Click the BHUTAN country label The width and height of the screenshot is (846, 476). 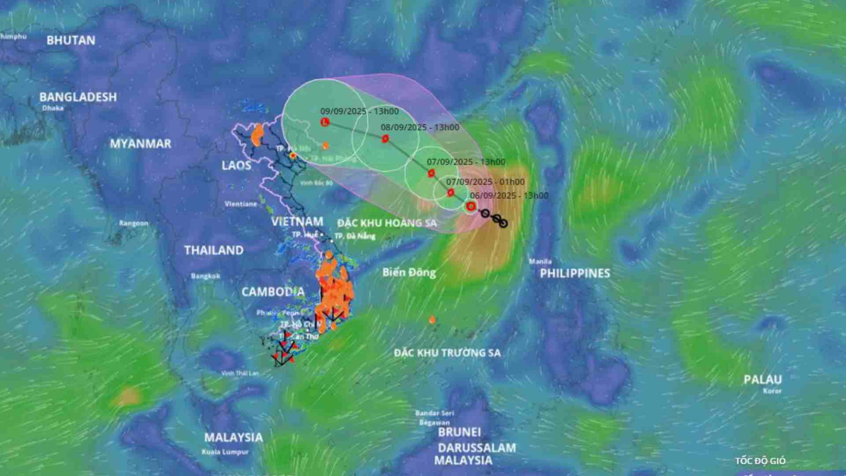pyautogui.click(x=71, y=41)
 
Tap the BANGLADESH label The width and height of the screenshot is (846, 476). pyautogui.click(x=78, y=97)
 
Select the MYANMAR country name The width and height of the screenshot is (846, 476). pyautogui.click(x=140, y=144)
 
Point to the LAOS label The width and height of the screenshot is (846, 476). pyautogui.click(x=236, y=166)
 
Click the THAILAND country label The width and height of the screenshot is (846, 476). pyautogui.click(x=214, y=250)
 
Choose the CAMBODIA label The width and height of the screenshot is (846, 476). pyautogui.click(x=273, y=292)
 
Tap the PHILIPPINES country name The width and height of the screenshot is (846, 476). pyautogui.click(x=575, y=273)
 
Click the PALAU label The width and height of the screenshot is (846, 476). pyautogui.click(x=763, y=379)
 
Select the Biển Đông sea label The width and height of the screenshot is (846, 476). pyautogui.click(x=409, y=272)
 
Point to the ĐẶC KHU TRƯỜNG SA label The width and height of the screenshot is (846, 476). pyautogui.click(x=447, y=353)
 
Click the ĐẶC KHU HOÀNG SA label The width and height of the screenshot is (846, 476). pyautogui.click(x=387, y=223)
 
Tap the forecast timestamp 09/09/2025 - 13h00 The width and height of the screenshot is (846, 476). pyautogui.click(x=360, y=112)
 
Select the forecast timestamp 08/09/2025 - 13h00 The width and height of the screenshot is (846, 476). pyautogui.click(x=420, y=127)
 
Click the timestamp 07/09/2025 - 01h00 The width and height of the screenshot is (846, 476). pyautogui.click(x=485, y=182)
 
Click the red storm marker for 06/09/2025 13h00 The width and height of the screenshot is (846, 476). pyautogui.click(x=471, y=206)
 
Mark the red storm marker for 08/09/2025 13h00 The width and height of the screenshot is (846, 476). pyautogui.click(x=385, y=139)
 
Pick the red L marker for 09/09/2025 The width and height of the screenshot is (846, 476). pyautogui.click(x=325, y=122)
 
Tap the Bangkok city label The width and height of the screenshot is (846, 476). pyautogui.click(x=205, y=276)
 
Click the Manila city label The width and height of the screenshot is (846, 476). pyautogui.click(x=540, y=261)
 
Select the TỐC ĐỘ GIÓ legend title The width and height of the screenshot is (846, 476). pyautogui.click(x=760, y=461)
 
